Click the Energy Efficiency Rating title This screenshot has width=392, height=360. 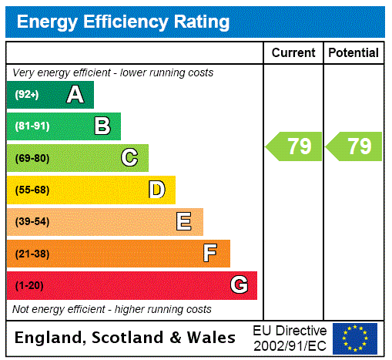click(123, 22)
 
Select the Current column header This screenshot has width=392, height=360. click(293, 53)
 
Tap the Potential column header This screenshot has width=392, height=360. click(353, 53)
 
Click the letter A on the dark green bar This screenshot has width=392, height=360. click(75, 95)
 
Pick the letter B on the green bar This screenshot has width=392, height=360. click(102, 126)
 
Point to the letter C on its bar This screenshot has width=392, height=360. click(129, 158)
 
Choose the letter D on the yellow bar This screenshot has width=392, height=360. click(156, 190)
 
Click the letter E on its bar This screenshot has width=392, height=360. click(184, 222)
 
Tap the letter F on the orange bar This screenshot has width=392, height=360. click(210, 254)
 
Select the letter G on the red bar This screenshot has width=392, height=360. click(239, 285)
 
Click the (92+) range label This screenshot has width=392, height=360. click(26, 95)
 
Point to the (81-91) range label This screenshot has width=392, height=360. click(32, 126)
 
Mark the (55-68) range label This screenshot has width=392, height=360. click(32, 190)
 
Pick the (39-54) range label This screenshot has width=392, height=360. click(32, 222)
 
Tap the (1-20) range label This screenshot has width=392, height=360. click(29, 285)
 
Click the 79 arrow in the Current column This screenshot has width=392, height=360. click(294, 146)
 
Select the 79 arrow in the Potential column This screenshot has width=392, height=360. click(354, 146)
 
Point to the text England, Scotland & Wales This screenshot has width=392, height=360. click(126, 338)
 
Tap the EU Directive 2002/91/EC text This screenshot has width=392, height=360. click(290, 338)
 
